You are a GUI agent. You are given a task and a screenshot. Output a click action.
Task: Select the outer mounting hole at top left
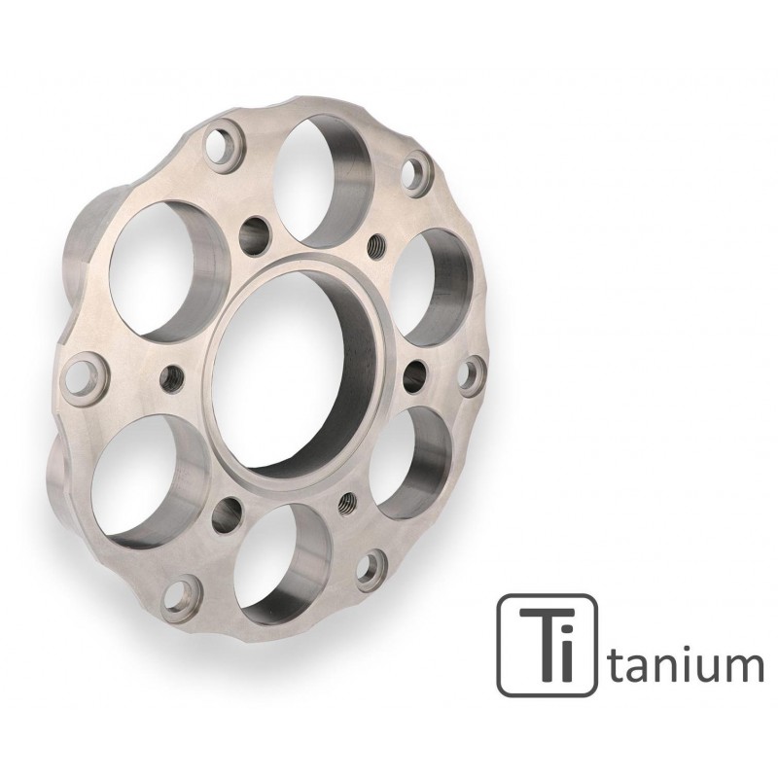tap(223, 143)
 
